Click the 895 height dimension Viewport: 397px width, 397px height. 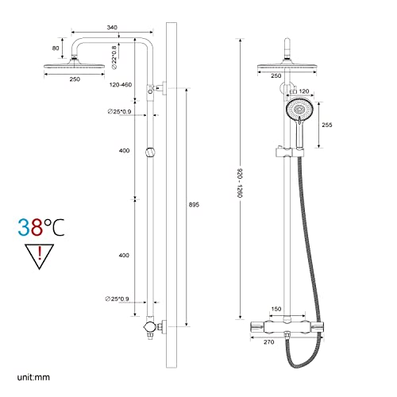[193, 205]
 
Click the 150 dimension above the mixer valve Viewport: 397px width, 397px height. [275, 308]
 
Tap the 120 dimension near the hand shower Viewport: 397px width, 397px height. [303, 92]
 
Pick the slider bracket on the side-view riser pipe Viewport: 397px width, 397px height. [150, 152]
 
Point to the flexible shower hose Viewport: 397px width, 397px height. [306, 238]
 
